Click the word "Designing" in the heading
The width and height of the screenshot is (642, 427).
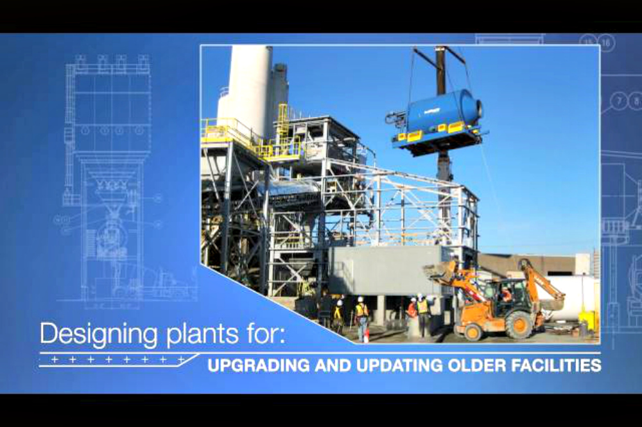(98, 334)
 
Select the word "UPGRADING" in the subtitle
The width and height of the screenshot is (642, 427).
(259, 365)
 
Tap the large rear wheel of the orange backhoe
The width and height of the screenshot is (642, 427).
(519, 325)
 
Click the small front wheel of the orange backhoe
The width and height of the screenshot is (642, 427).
(473, 331)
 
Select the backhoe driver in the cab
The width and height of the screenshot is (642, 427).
(506, 294)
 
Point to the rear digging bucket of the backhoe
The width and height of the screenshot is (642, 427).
(551, 304)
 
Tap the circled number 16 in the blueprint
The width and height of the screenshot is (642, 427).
(605, 42)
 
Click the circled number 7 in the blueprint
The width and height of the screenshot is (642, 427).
(620, 101)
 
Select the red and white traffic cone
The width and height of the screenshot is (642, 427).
(367, 336)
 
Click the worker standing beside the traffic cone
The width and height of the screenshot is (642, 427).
(361, 318)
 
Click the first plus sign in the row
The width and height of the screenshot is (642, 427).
(55, 360)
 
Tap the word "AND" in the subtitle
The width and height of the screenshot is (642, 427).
(333, 365)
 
